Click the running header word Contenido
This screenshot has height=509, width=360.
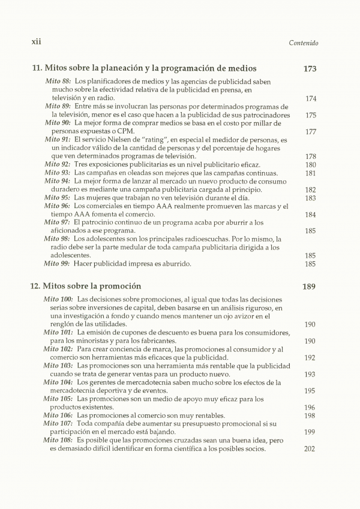(303, 43)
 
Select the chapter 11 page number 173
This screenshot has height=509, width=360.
(310, 69)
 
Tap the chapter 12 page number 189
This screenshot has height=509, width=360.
(310, 287)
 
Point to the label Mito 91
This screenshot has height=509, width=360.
(58, 140)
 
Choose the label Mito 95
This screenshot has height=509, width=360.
(58, 198)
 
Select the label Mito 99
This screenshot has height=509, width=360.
(58, 263)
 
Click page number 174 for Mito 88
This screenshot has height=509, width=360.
(310, 98)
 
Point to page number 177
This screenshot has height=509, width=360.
(310, 132)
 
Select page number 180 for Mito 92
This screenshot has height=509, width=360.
(310, 164)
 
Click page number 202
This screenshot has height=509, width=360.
(310, 448)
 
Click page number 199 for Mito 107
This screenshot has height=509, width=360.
(310, 432)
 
